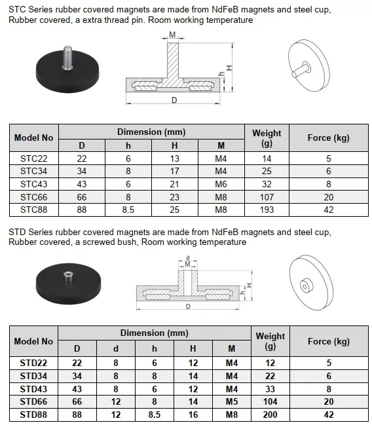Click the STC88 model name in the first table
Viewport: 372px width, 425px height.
point(34,210)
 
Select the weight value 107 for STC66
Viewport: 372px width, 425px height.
point(267,197)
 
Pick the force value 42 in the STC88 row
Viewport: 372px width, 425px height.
point(328,210)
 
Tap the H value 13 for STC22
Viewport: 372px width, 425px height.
point(174,158)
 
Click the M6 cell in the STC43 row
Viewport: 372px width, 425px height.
point(221,184)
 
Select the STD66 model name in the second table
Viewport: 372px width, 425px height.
point(34,401)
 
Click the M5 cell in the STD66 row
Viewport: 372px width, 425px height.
point(231,401)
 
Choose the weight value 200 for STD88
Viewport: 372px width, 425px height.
point(270,414)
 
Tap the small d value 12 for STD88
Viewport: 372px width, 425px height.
point(116,414)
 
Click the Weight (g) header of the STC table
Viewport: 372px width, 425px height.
point(267,138)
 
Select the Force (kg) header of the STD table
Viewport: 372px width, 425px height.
point(328,341)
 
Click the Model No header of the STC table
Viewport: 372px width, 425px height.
point(34,138)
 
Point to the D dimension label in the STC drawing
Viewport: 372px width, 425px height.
point(174,100)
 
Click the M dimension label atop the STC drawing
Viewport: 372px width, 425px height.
point(172,34)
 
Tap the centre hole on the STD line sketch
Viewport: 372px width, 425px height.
point(306,286)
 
